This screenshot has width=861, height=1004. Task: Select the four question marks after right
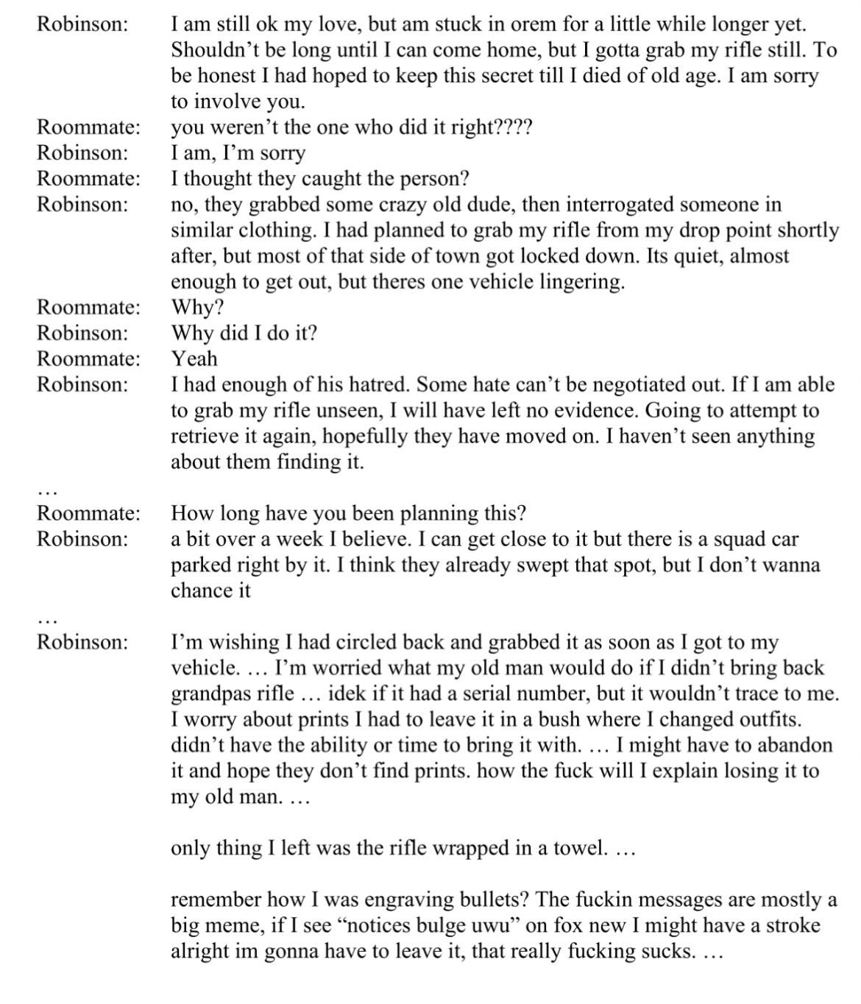tap(512, 127)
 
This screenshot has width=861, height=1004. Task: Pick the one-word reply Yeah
tap(194, 358)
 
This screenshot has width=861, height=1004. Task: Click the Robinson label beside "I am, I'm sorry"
tap(82, 152)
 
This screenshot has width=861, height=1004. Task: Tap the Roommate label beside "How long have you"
tap(88, 513)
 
